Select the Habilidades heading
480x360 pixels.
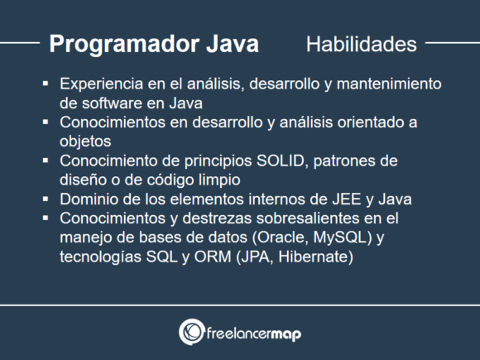coord(361,45)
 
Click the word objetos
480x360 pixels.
coord(86,142)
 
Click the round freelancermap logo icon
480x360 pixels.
coord(192,332)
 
